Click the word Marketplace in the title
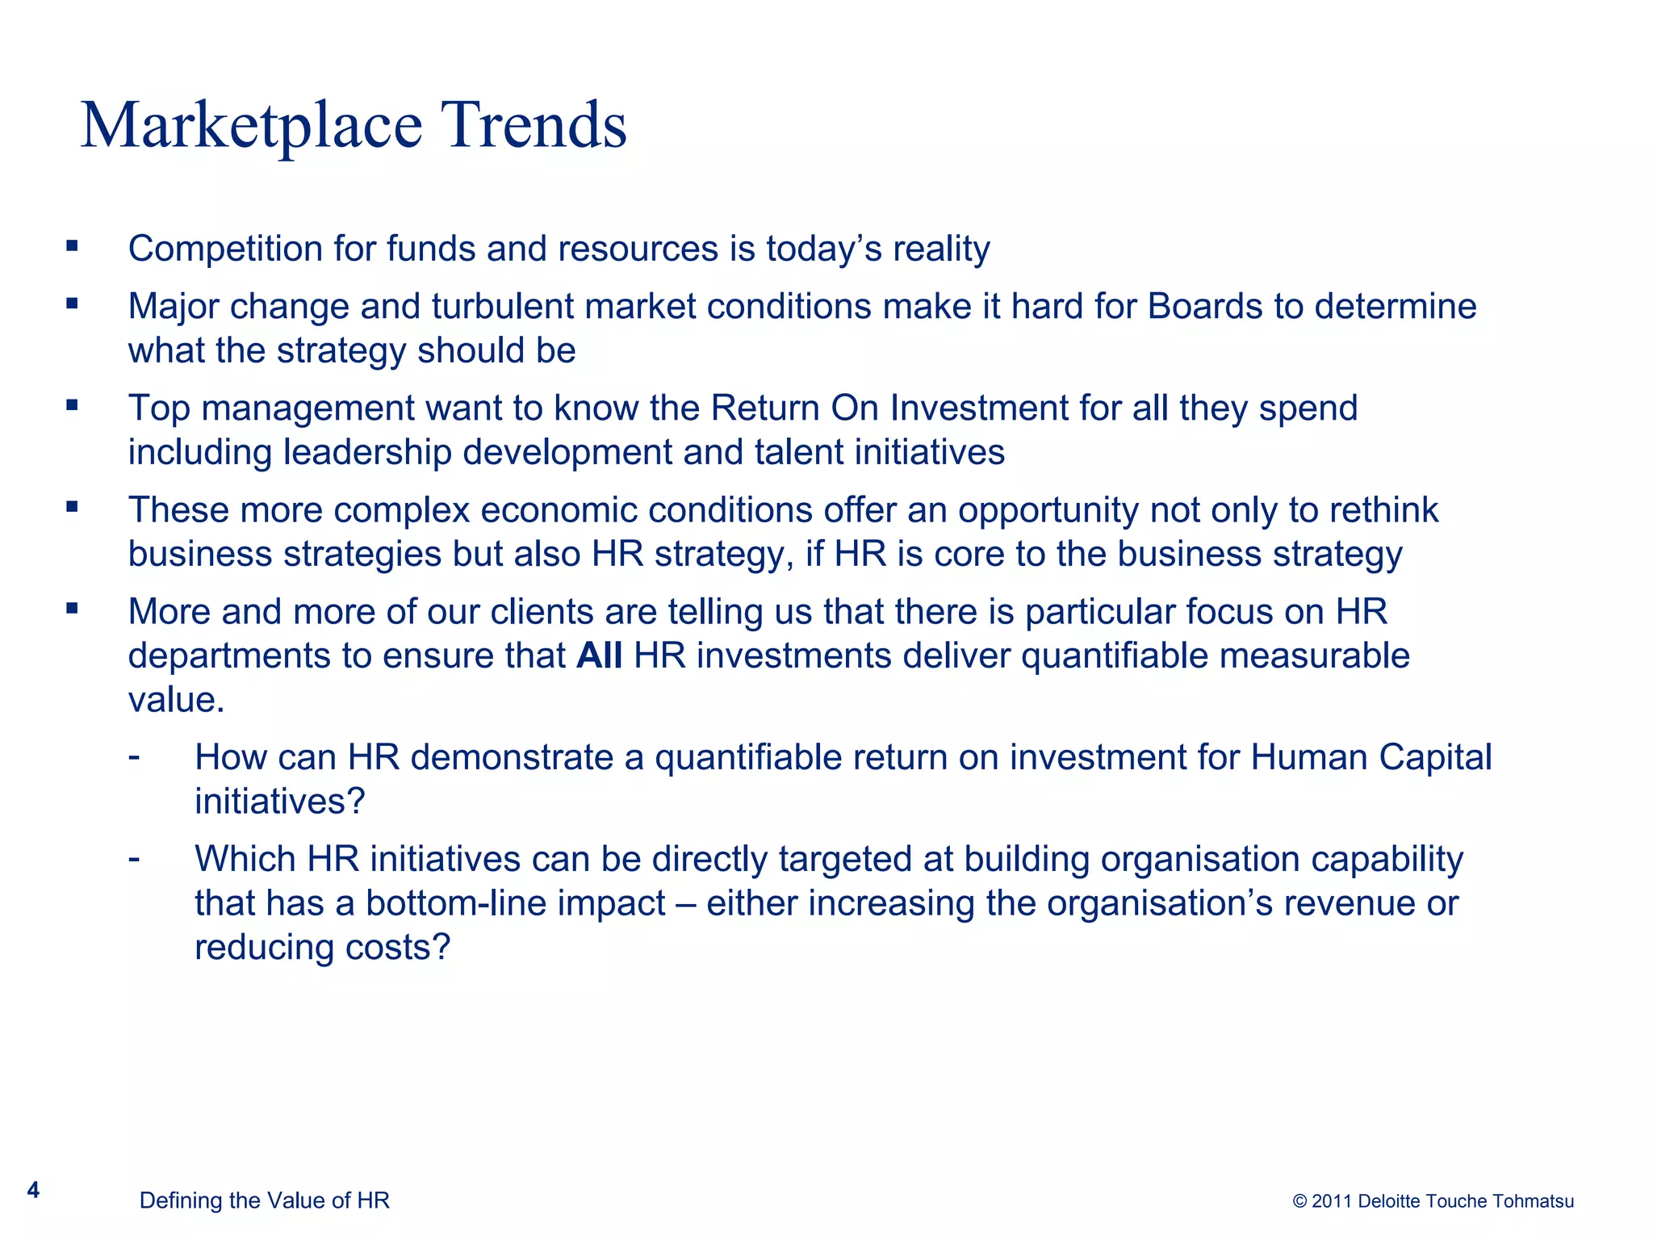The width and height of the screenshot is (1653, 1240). tap(252, 126)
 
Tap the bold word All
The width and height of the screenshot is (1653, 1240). tap(599, 656)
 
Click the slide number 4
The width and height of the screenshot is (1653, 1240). tap(33, 1190)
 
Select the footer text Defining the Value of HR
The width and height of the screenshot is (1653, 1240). tap(264, 1200)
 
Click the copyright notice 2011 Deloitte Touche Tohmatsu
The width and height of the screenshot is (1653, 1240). tap(1433, 1201)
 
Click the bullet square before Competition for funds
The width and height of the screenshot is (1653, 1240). tap(73, 245)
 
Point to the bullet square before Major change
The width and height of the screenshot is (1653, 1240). tap(73, 304)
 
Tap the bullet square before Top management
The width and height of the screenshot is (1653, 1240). tap(73, 405)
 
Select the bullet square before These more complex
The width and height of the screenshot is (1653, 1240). tap(73, 507)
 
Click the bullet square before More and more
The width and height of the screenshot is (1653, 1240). tap(73, 609)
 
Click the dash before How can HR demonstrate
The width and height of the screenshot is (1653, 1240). tap(134, 757)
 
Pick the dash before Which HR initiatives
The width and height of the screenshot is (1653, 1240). tap(134, 858)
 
